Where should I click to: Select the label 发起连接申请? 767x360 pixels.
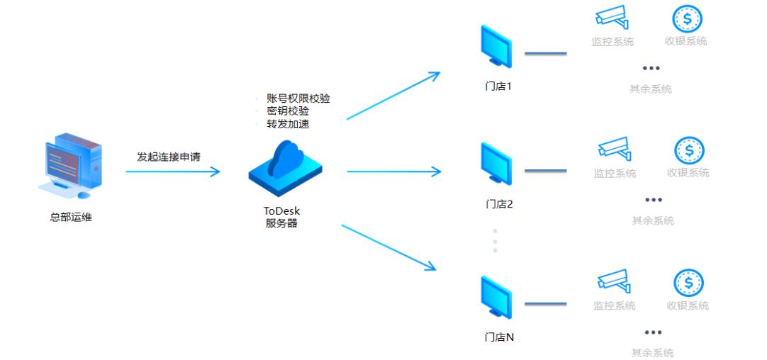click(x=168, y=156)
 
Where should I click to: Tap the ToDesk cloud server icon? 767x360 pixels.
click(x=285, y=169)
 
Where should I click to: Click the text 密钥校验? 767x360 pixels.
click(x=287, y=111)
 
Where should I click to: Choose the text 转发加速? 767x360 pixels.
click(x=287, y=124)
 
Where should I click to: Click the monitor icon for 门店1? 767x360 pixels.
click(x=496, y=48)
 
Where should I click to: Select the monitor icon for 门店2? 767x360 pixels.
click(x=496, y=165)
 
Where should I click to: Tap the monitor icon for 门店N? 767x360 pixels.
click(x=496, y=298)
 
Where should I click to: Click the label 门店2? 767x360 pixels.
click(x=499, y=204)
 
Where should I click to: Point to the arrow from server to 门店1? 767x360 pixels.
click(x=393, y=95)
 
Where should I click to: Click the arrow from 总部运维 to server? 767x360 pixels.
click(x=173, y=171)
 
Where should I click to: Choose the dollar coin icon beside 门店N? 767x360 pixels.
click(x=687, y=283)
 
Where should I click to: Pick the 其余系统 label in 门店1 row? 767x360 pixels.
click(x=651, y=89)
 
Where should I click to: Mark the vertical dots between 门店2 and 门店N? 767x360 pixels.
click(x=495, y=240)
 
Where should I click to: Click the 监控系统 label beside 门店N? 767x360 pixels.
click(x=614, y=306)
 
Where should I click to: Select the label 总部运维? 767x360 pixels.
click(x=70, y=218)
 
